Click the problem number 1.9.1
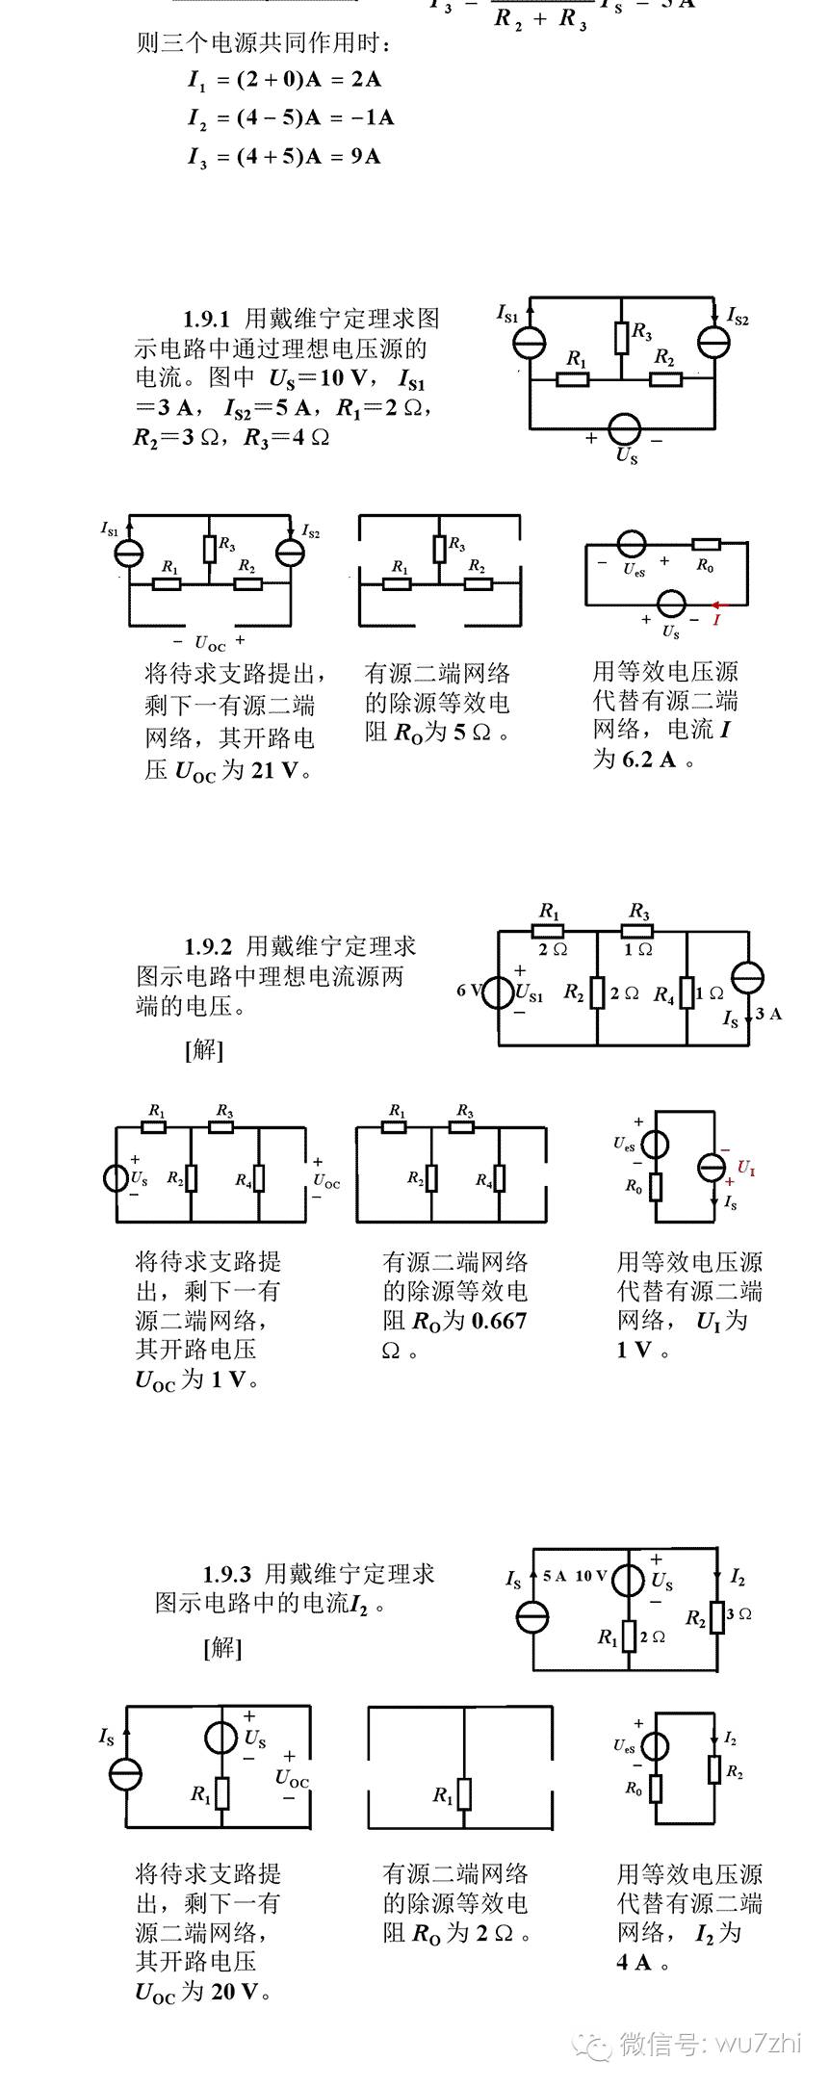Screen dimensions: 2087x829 [207, 319]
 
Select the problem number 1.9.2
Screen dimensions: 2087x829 [208, 946]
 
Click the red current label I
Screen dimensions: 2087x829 [716, 620]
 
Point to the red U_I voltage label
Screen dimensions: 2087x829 [746, 1169]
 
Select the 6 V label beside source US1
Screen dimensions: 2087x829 [469, 990]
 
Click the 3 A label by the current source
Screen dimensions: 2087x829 [768, 1014]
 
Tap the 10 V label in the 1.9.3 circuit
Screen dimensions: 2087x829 [591, 1576]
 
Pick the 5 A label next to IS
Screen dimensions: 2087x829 [554, 1576]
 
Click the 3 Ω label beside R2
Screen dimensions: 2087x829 [739, 1613]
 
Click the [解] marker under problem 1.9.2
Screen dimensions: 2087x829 [203, 1049]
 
